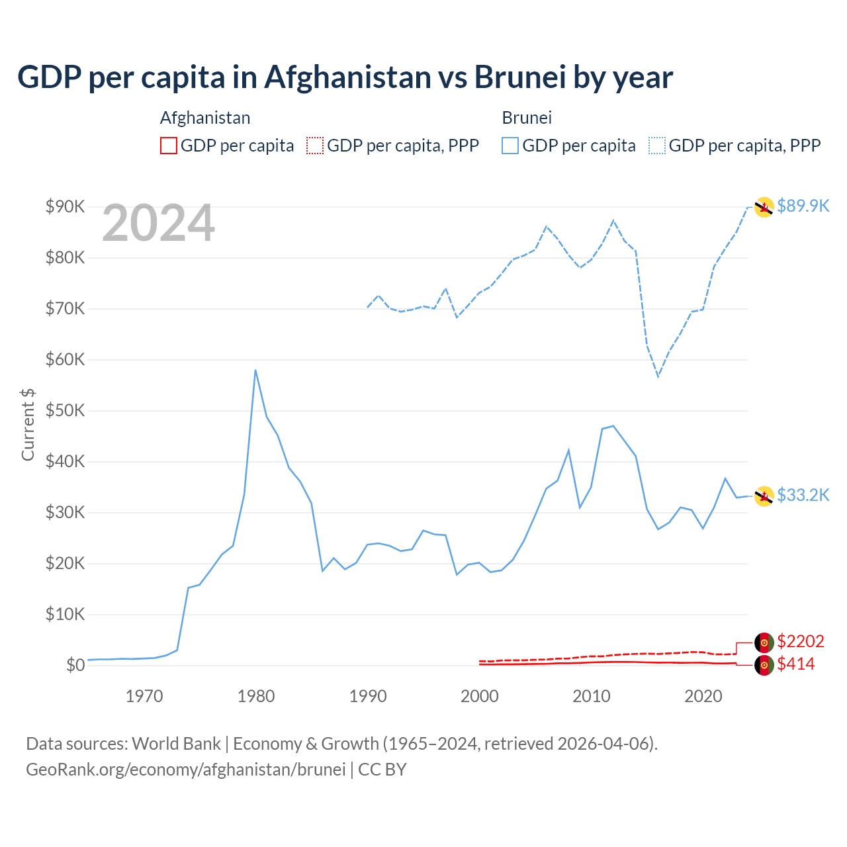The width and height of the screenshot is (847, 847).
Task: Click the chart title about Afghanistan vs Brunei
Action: tap(345, 77)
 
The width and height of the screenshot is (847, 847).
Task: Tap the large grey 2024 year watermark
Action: tap(158, 224)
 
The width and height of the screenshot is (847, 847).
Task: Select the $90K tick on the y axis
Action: tap(65, 206)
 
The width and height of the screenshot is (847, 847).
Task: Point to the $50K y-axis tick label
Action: tap(65, 410)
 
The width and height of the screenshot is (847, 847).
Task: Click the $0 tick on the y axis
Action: tap(75, 665)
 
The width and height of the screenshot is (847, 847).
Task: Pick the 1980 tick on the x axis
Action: tap(256, 696)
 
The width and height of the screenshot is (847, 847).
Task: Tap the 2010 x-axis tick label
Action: tap(591, 696)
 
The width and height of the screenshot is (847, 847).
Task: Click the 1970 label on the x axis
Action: tap(144, 696)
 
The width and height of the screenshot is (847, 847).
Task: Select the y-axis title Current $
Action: tap(28, 424)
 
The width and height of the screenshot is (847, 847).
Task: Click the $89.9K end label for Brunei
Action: tap(803, 206)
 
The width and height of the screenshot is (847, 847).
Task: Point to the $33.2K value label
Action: tap(803, 495)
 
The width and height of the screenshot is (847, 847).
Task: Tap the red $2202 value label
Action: tap(800, 641)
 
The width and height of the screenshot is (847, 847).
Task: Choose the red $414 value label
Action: tap(795, 664)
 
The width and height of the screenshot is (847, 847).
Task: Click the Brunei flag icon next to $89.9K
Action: tap(764, 207)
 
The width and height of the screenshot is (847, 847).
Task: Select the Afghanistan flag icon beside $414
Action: tap(764, 665)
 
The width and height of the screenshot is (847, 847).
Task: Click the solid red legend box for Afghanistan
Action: tap(169, 146)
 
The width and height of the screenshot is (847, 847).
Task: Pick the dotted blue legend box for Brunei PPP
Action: tap(657, 146)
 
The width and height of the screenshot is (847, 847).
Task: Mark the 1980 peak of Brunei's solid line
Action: tap(255, 371)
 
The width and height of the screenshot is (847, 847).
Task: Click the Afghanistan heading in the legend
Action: tap(205, 118)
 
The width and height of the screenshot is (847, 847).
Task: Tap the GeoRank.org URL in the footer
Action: tap(186, 770)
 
